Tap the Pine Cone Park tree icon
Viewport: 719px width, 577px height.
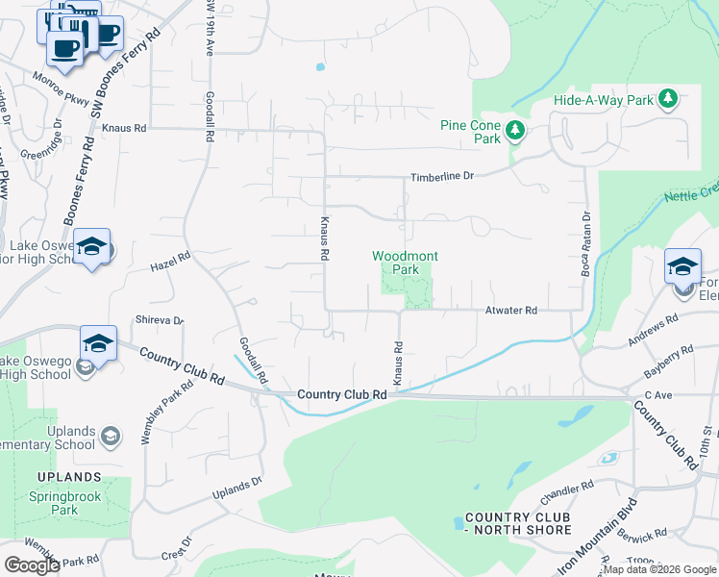[516, 131]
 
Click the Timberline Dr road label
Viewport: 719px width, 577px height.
[443, 177]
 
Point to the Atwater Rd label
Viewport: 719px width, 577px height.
[510, 311]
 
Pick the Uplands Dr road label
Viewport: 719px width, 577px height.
[236, 489]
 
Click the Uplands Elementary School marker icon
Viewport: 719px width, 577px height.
[109, 437]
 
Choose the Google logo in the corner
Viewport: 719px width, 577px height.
[32, 565]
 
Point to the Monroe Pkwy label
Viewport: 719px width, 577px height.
[61, 88]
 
